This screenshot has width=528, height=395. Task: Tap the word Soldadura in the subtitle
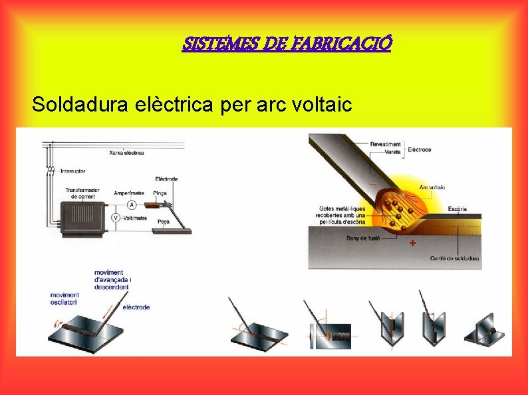click(72, 104)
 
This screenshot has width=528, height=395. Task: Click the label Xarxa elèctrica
click(126, 153)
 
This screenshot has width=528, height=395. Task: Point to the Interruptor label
click(73, 171)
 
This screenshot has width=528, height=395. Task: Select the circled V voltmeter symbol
click(115, 218)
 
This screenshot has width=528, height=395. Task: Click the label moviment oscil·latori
click(65, 298)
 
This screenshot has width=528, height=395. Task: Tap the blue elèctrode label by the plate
click(136, 307)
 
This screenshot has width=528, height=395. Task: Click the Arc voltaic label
click(432, 187)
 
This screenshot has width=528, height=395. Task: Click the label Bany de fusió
click(362, 238)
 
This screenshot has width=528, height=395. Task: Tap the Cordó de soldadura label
click(455, 258)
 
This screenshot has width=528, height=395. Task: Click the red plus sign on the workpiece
click(413, 244)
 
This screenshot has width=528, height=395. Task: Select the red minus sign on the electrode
click(372, 183)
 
